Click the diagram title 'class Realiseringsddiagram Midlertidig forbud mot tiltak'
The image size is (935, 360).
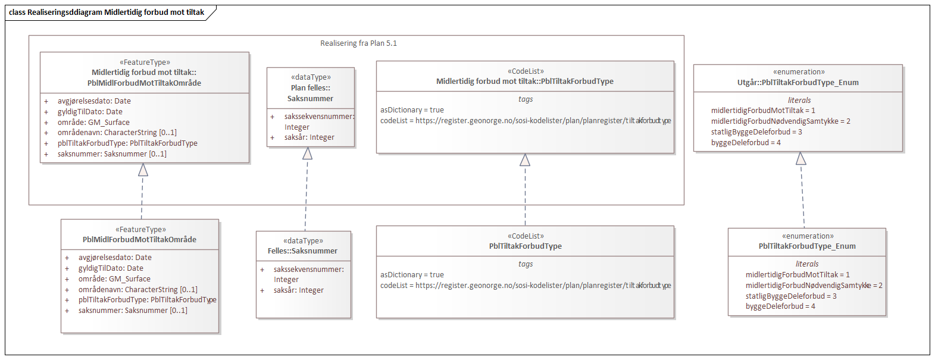tap(107, 12)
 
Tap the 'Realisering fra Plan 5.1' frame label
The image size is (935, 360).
tap(358, 43)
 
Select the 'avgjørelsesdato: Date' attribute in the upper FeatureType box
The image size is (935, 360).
tap(94, 101)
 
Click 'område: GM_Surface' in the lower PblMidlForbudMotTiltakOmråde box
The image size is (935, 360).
tap(114, 279)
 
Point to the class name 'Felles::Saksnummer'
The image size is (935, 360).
tap(302, 251)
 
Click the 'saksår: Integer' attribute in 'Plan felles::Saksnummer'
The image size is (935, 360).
tap(309, 137)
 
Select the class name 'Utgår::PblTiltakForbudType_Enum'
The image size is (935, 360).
tap(798, 83)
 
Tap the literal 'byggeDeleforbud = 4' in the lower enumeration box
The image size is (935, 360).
tap(780, 306)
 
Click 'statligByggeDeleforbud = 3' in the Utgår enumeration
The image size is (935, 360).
tap(756, 132)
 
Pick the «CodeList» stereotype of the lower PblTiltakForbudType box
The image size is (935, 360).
tap(526, 236)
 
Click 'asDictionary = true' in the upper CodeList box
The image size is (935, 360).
tap(412, 110)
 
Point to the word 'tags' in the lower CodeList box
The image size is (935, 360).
tap(526, 264)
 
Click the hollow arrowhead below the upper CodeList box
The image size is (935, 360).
tap(525, 160)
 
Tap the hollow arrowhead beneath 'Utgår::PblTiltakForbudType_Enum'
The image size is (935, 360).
tap(801, 159)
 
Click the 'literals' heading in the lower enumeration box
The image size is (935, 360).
tap(807, 264)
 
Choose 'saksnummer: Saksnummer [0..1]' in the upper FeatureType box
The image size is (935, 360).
tap(112, 154)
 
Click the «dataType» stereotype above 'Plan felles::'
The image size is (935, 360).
tap(311, 77)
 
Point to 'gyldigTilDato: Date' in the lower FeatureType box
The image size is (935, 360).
tap(111, 268)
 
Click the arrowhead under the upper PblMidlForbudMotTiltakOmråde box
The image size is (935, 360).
tap(143, 170)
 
